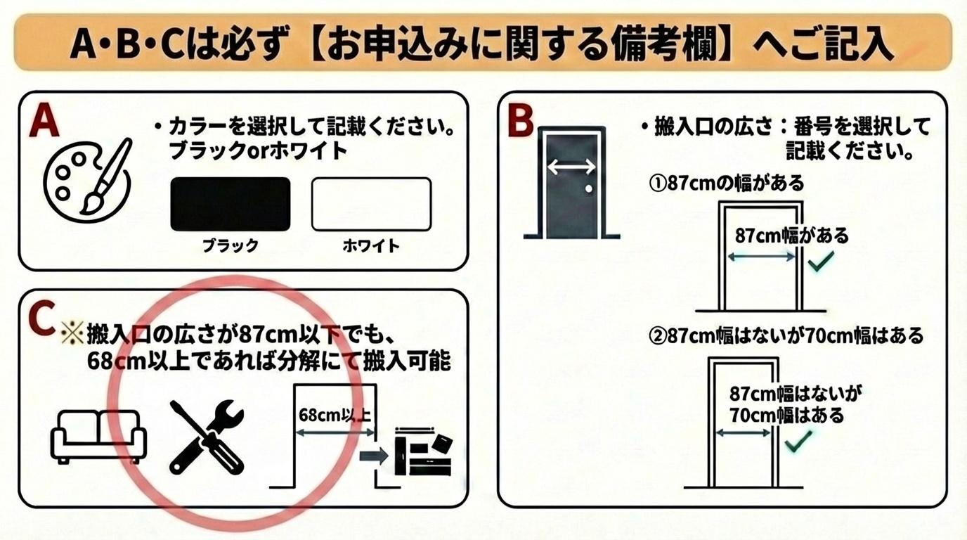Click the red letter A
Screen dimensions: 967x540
[x=45, y=120]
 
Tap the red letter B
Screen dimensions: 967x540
[x=521, y=122]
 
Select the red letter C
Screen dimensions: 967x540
[x=42, y=318]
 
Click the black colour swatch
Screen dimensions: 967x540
[x=231, y=204]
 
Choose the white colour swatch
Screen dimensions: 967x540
[x=371, y=204]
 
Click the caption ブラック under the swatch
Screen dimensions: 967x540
[x=231, y=246]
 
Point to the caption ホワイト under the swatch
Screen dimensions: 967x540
[x=371, y=246]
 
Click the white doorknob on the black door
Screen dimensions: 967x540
[x=588, y=188]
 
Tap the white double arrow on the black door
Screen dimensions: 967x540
[x=571, y=167]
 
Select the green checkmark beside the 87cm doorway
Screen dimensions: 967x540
[x=821, y=262]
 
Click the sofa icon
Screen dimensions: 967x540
[x=99, y=437]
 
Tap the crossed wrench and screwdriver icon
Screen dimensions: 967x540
[x=207, y=437]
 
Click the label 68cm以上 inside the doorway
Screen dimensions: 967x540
[x=335, y=415]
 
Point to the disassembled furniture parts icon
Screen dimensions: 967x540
[x=424, y=452]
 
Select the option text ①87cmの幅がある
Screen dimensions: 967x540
[x=727, y=184]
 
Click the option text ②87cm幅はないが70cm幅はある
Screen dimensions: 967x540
[x=786, y=335]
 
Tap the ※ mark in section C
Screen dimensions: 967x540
[x=72, y=334]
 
